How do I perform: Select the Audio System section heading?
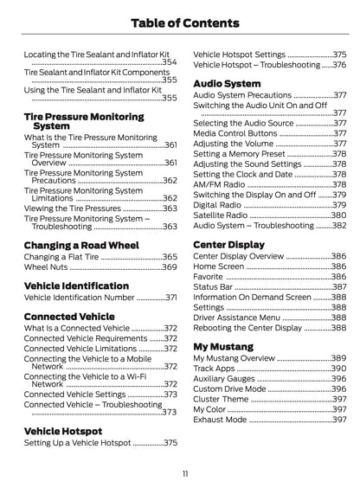(228, 84)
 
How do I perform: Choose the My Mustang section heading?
(223, 346)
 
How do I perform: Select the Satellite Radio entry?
(223, 215)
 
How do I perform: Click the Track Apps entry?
(215, 369)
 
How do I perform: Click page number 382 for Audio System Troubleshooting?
(338, 225)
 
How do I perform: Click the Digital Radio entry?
(218, 204)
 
